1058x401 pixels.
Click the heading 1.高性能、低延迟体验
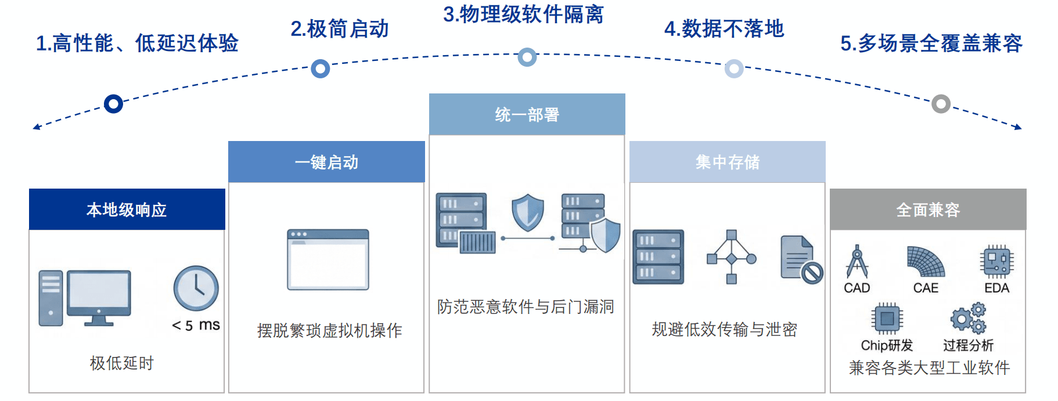tap(137, 43)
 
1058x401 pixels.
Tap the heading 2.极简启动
tap(340, 28)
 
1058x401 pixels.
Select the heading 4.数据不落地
tap(724, 28)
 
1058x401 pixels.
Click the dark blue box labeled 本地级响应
tap(127, 209)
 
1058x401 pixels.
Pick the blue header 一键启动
tap(326, 162)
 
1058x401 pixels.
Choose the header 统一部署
tap(527, 114)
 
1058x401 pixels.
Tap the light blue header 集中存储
tap(728, 162)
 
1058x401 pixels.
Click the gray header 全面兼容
tap(928, 209)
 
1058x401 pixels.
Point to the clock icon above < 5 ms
tap(196, 288)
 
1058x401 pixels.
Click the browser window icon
tap(328, 259)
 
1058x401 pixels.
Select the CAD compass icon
tap(857, 262)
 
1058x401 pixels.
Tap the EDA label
tap(997, 288)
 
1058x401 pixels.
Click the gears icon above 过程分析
tap(969, 318)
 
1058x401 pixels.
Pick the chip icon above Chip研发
tap(887, 319)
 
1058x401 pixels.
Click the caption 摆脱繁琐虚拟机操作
tap(329, 331)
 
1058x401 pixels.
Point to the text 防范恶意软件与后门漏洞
tap(526, 306)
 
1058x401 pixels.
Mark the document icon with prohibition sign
tap(802, 259)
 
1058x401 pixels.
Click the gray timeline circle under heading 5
tap(941, 104)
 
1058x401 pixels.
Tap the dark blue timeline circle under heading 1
tap(113, 104)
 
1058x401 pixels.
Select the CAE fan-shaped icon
tap(926, 262)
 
